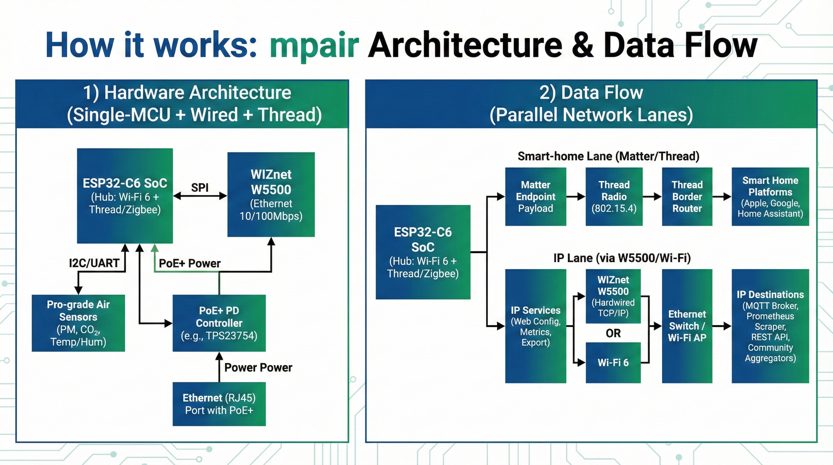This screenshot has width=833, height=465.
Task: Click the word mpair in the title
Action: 314,45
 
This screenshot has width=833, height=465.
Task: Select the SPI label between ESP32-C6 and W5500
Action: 199,188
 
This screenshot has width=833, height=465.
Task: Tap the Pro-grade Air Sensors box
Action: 78,323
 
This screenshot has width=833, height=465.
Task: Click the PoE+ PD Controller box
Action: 219,323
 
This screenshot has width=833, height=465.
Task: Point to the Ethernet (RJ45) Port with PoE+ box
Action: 219,404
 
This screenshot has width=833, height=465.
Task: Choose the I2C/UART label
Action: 94,263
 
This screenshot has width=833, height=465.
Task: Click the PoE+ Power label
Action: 189,263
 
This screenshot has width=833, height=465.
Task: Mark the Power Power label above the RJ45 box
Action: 258,367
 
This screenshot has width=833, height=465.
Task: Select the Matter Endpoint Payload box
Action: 535,196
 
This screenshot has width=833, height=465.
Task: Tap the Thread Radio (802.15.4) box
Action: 614,196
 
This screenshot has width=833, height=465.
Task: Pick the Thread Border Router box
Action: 687,196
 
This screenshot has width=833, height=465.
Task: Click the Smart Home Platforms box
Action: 770,196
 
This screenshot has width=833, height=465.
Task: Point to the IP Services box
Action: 535,326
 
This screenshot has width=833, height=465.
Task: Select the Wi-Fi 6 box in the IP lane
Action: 613,362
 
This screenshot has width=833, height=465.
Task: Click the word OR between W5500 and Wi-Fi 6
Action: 613,333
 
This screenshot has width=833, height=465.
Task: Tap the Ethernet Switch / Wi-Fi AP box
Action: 687,326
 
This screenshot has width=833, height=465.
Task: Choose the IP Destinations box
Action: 770,326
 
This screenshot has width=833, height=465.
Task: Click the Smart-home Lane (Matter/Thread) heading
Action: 608,156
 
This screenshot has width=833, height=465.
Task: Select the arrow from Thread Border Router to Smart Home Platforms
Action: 722,196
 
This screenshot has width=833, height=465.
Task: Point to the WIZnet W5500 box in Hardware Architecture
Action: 271,194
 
